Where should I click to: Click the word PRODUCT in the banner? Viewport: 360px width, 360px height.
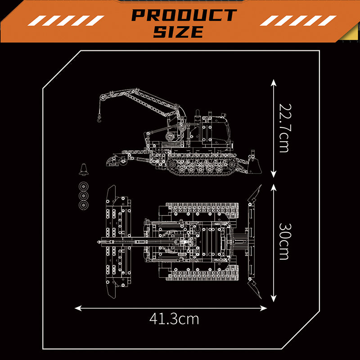tap(184, 15)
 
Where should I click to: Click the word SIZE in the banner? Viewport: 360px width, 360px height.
tap(179, 31)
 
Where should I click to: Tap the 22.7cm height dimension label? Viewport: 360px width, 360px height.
tap(285, 128)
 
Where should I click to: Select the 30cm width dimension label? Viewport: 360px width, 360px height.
tap(285, 241)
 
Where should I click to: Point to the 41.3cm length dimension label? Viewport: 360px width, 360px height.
tap(174, 319)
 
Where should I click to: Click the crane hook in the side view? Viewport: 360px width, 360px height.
tap(99, 118)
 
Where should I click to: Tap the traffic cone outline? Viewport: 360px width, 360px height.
tap(84, 170)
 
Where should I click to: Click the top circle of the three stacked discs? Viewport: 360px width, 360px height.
tap(83, 186)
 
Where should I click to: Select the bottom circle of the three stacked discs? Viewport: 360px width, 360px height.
tap(83, 205)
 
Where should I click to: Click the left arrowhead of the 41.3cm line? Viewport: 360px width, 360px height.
tap(78, 308)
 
